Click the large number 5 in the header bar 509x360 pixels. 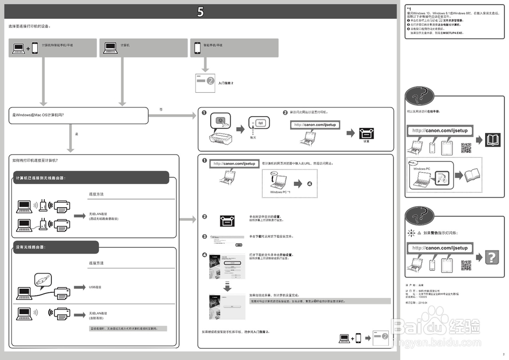click(x=201, y=12)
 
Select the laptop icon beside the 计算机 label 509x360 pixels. click(x=110, y=47)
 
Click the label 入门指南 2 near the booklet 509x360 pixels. click(x=225, y=82)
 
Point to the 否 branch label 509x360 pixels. click(x=161, y=109)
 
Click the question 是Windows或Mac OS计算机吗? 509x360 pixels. click(x=38, y=116)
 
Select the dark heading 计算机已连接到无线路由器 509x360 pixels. click(x=41, y=178)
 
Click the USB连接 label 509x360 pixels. click(x=95, y=287)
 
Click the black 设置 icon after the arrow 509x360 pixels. click(x=366, y=133)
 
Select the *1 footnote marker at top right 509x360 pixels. click(x=409, y=9)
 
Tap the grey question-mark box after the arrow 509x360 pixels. click(x=491, y=257)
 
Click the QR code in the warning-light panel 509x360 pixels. click(x=466, y=265)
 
